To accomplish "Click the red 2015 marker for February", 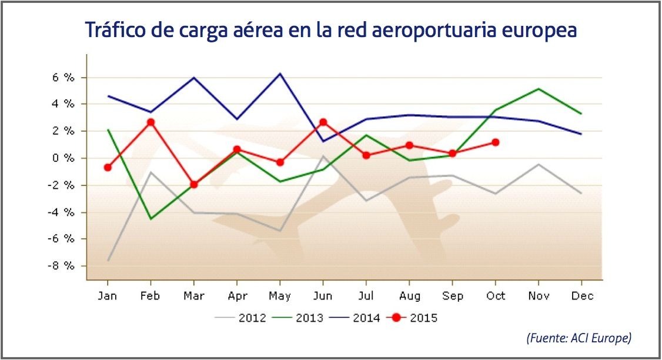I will point(151,122).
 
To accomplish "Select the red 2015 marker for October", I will point(496,142).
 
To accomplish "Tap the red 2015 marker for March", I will point(193,184).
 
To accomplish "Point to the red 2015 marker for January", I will point(108,168).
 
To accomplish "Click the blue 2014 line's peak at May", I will point(280,74).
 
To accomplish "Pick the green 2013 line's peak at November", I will point(539,89).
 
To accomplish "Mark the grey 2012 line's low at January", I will point(108,260).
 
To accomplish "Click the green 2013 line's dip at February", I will point(151,219).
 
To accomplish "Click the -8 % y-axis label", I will point(62,266).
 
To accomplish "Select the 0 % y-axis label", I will point(63,158).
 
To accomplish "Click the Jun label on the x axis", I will point(323,295).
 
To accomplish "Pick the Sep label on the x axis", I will point(453,295).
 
